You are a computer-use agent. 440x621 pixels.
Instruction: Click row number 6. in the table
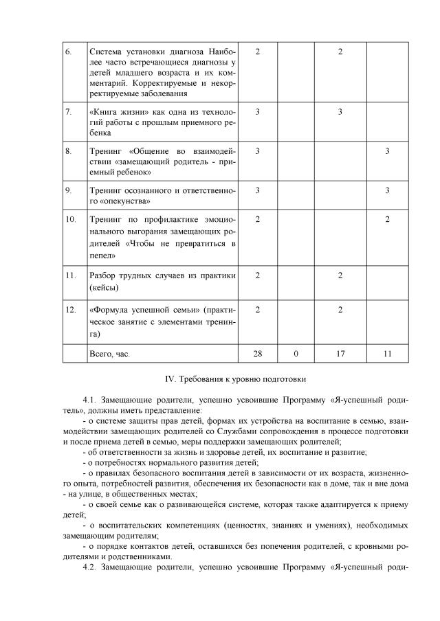68,52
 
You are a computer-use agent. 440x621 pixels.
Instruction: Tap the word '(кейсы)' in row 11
104,287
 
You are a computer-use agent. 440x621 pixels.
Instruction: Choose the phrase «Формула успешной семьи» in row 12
141,310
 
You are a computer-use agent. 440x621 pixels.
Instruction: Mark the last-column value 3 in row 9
388,190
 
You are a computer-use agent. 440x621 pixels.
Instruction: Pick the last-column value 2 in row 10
388,219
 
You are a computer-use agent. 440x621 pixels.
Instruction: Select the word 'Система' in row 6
107,52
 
